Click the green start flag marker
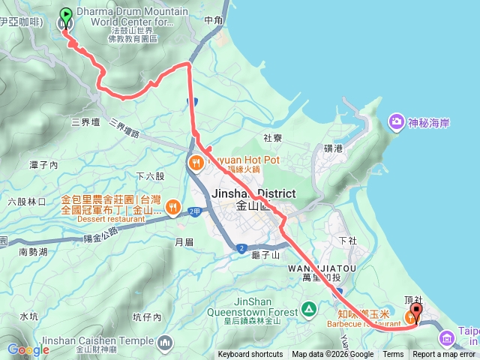coord(65,14)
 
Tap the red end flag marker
coord(416,310)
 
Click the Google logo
coord(28,349)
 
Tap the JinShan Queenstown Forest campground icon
coord(308,309)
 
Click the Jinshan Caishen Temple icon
coord(164,342)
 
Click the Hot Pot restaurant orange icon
coord(196,162)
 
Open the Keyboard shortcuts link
coord(250,355)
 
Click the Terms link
coord(393,355)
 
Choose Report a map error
coord(444,355)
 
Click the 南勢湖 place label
coord(33,252)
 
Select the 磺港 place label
coord(333,148)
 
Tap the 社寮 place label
coord(272,138)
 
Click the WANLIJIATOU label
coord(310,267)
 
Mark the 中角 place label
coord(213,20)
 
